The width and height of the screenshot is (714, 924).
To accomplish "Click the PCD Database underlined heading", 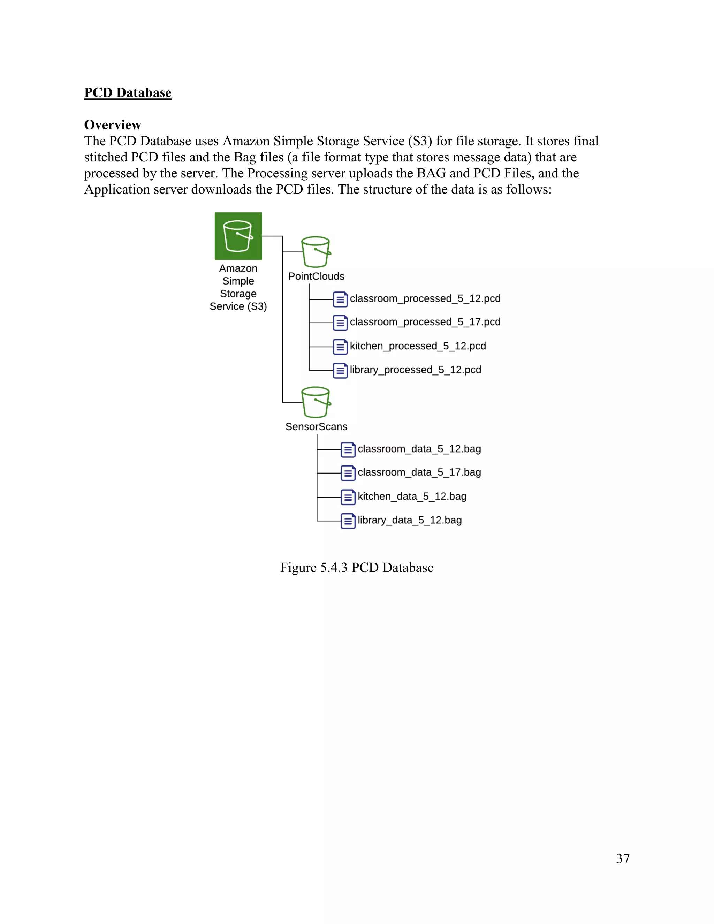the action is (128, 93).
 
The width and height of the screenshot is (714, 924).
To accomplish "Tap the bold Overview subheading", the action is (113, 125).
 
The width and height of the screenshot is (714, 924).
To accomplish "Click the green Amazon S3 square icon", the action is (238, 236).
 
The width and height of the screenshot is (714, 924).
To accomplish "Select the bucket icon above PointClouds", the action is (316, 252).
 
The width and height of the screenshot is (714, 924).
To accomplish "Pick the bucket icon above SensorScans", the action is (316, 402).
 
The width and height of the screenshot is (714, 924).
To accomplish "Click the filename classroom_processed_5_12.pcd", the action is (425, 299).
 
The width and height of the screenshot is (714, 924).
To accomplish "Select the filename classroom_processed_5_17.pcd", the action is (425, 322).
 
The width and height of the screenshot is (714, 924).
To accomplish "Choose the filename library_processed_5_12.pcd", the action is (415, 370).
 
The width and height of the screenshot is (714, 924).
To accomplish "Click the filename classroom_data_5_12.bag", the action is (419, 449).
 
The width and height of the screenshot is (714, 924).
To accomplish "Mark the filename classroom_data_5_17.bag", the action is (419, 472).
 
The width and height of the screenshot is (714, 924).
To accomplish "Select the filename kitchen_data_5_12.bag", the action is (412, 496).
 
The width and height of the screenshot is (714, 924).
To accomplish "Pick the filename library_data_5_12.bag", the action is (409, 520).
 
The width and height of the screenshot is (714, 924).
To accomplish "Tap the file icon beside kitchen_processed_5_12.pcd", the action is (340, 347).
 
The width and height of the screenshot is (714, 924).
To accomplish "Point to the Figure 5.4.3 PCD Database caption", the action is (357, 567).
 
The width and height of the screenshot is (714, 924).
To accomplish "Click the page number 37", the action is (623, 858).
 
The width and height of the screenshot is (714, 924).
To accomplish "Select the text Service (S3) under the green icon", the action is (238, 306).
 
